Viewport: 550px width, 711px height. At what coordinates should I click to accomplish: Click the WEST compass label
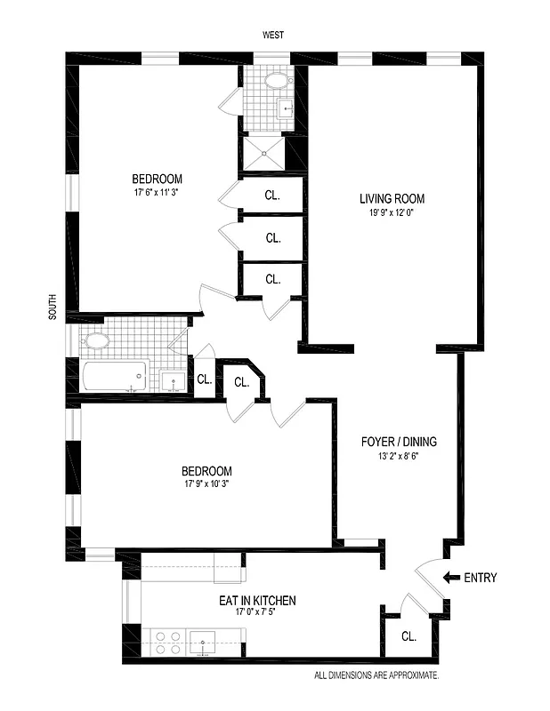273,36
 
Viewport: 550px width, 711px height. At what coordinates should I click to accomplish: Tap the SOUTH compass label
53,308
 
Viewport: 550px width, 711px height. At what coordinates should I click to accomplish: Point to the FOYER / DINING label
399,442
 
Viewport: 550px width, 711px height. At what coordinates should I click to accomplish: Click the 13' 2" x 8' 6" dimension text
399,456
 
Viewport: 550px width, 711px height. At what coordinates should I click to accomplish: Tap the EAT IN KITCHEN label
257,602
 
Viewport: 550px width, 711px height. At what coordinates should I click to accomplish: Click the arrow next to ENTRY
451,578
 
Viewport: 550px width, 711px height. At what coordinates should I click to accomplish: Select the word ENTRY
481,578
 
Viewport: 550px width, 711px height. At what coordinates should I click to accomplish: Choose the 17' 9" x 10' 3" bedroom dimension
206,484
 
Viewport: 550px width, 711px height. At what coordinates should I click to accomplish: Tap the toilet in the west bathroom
278,82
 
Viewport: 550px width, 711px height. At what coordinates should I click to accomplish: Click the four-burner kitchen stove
166,643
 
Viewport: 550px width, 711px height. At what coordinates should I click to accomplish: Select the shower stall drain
264,152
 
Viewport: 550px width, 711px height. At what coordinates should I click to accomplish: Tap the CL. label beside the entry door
408,636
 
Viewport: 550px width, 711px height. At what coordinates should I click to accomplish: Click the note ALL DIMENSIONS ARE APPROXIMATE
376,676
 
